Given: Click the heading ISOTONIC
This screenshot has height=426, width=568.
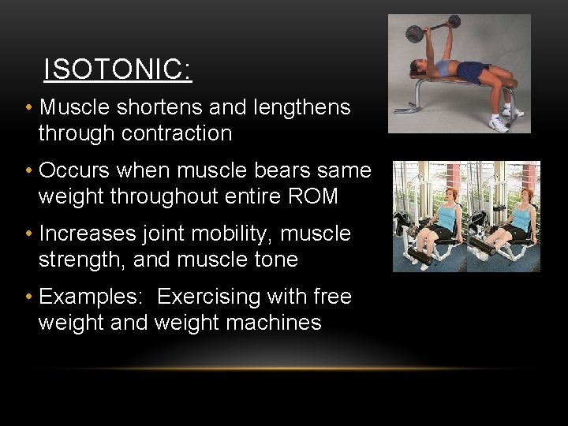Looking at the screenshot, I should [x=118, y=69].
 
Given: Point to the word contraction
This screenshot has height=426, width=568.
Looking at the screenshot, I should [x=177, y=133].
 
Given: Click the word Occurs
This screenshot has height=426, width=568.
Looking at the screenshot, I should [x=75, y=170].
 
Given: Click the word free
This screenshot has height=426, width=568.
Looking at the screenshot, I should [x=331, y=297].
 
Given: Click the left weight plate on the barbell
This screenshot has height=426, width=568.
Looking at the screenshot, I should [x=414, y=33].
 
